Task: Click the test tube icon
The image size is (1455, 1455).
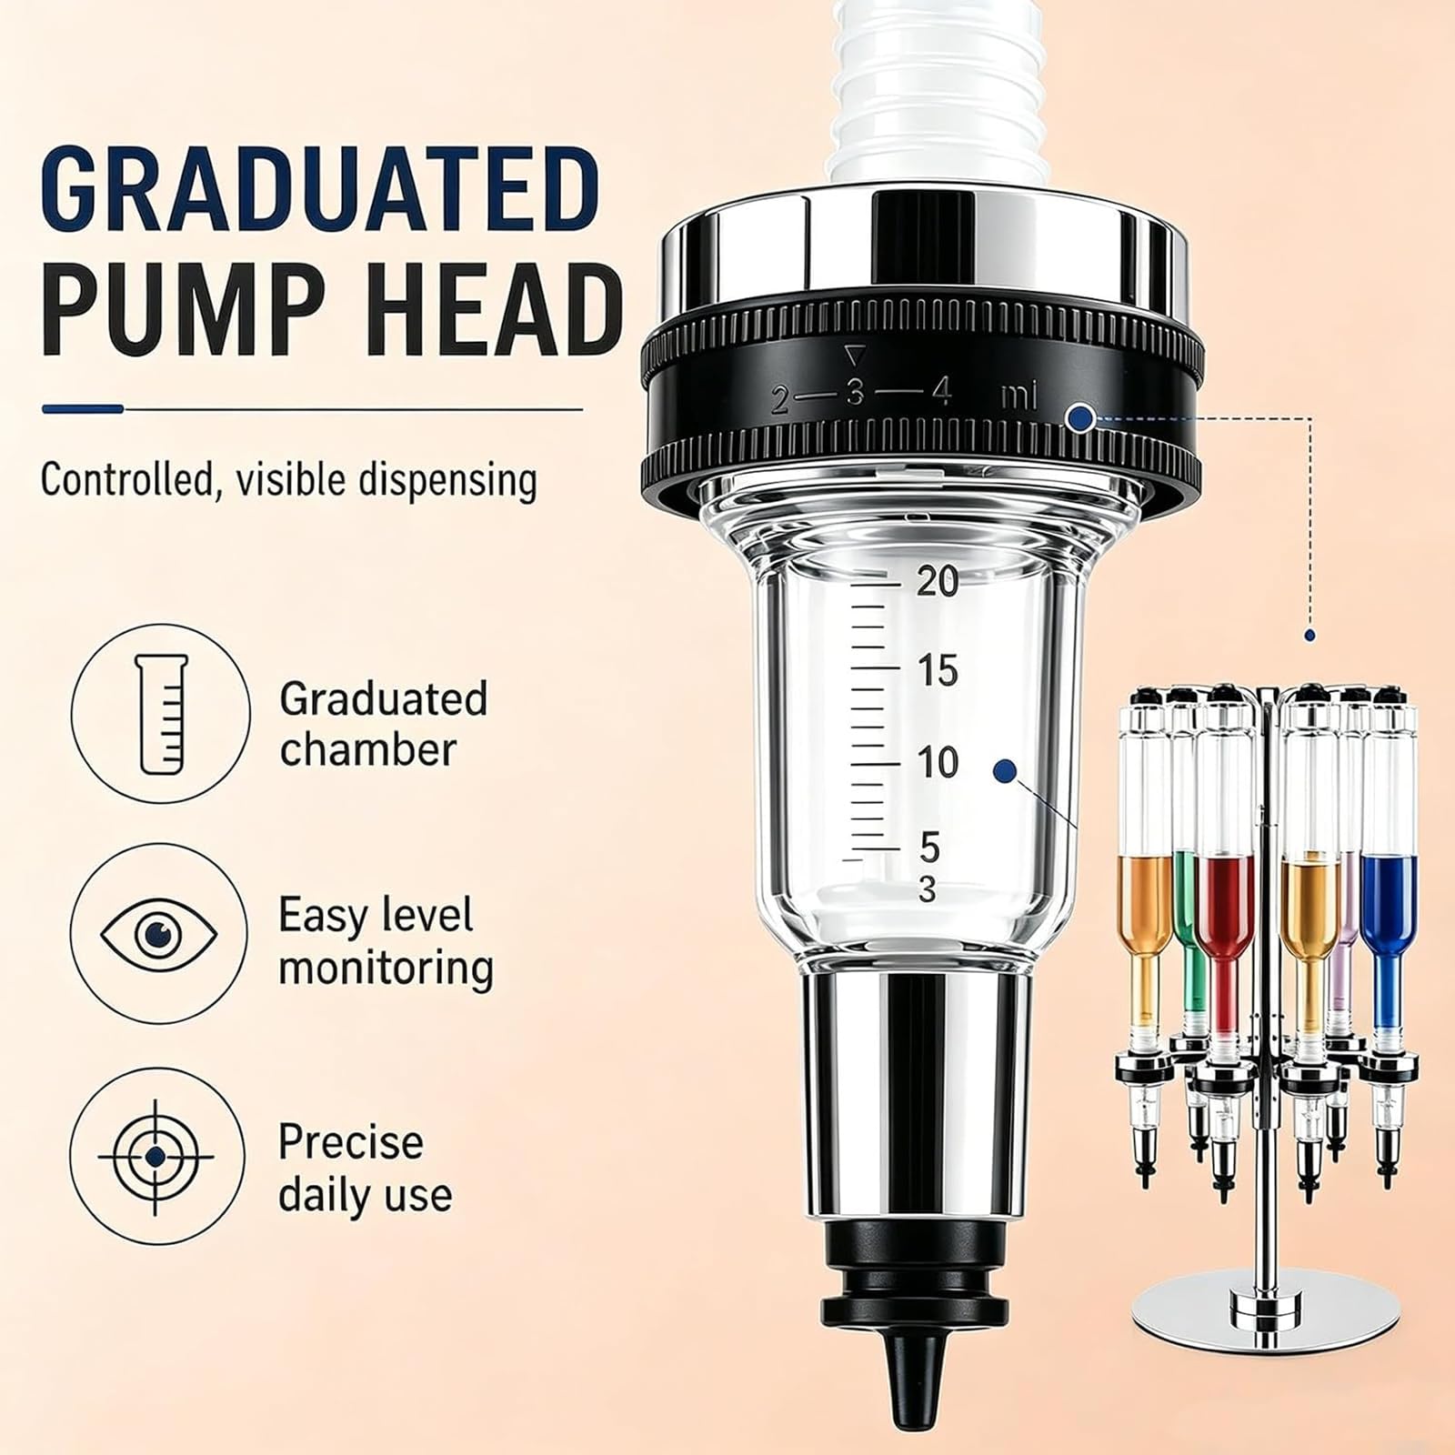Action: pyautogui.click(x=160, y=714)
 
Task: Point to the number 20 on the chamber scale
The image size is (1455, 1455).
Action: pyautogui.click(x=937, y=581)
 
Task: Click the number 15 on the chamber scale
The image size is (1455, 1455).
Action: pyautogui.click(x=937, y=671)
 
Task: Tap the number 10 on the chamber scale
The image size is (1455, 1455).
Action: pyautogui.click(x=937, y=762)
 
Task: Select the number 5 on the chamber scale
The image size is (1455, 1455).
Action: pyautogui.click(x=928, y=847)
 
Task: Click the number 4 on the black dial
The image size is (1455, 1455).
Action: pyautogui.click(x=941, y=393)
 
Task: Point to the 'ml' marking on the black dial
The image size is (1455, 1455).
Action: pyautogui.click(x=1018, y=397)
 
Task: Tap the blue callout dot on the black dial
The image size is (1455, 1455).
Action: pyautogui.click(x=1080, y=418)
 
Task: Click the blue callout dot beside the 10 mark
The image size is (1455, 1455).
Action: pyautogui.click(x=1004, y=771)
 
